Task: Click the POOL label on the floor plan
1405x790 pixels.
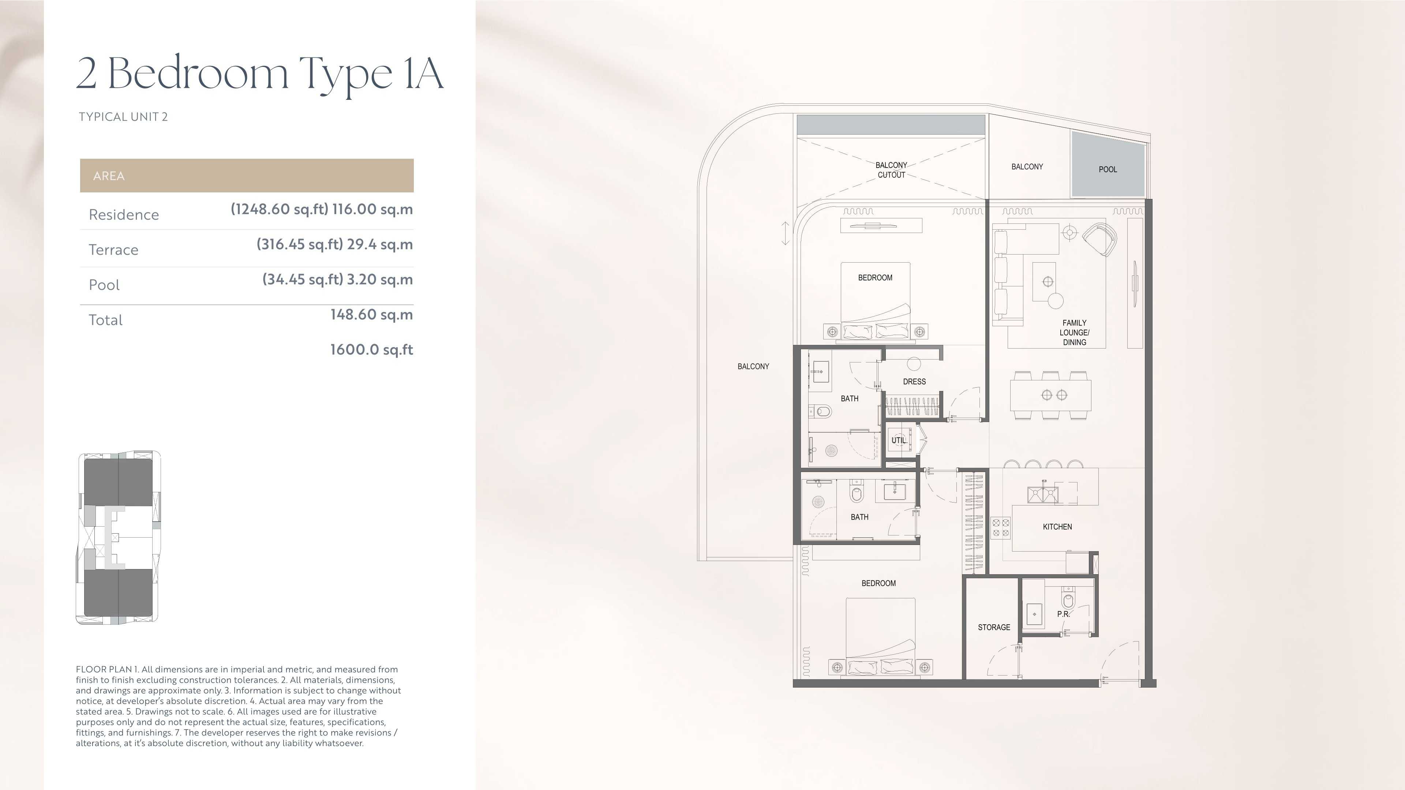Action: point(1108,170)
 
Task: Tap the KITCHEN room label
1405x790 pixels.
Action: point(1057,527)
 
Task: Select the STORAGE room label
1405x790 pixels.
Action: point(994,628)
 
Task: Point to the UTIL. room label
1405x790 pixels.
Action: point(899,440)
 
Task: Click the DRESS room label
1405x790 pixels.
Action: point(914,381)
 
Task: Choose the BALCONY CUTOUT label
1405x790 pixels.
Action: point(891,170)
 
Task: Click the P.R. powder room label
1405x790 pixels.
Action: point(1063,614)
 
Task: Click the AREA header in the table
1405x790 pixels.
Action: point(109,176)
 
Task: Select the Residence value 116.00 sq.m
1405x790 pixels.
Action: point(372,209)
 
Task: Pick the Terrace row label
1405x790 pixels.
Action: point(113,250)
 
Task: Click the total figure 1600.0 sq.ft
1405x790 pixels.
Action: point(371,350)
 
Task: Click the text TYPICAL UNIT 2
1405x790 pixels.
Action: point(123,117)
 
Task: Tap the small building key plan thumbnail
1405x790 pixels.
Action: point(118,538)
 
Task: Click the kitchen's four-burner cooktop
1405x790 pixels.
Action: point(1001,527)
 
